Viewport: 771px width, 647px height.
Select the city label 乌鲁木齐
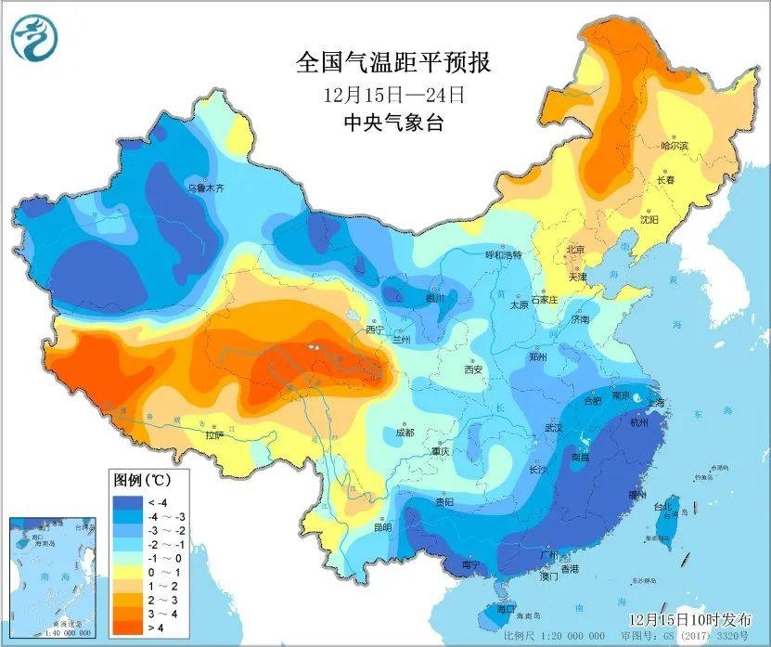[x=206, y=188]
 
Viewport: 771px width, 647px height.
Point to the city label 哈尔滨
[x=675, y=146]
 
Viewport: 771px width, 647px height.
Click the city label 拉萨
[x=214, y=434]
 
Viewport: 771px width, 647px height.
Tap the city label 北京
[x=575, y=250]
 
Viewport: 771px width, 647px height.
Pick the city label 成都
[x=404, y=432]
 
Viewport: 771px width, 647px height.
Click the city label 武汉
[x=554, y=428]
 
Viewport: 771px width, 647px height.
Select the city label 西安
[x=473, y=369]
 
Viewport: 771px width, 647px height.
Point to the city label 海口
[x=506, y=609]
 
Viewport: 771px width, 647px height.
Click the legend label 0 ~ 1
[x=160, y=574]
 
